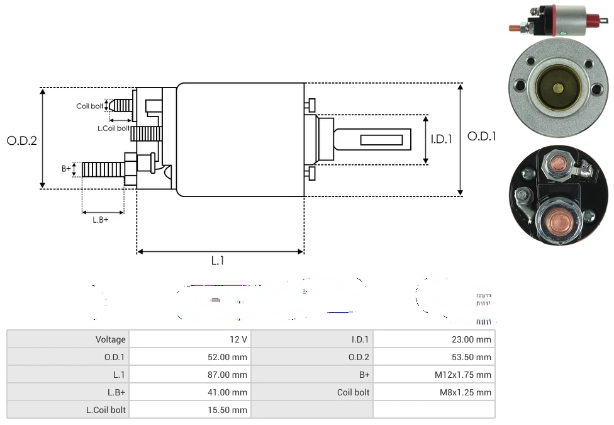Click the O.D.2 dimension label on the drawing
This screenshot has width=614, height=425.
pyautogui.click(x=22, y=140)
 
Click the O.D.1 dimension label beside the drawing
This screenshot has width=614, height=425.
pyautogui.click(x=482, y=136)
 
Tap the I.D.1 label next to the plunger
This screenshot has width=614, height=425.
pyautogui.click(x=442, y=139)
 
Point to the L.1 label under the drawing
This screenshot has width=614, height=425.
pyautogui.click(x=217, y=260)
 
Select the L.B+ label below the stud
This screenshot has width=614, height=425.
pyautogui.click(x=100, y=220)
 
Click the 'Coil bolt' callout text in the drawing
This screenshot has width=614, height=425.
pyautogui.click(x=90, y=106)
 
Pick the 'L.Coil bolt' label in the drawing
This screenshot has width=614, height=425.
pyautogui.click(x=113, y=128)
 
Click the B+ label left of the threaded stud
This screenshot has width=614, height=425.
pyautogui.click(x=66, y=169)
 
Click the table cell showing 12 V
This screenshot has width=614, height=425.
pyautogui.click(x=238, y=339)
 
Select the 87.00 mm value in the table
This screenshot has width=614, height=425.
pyautogui.click(x=229, y=375)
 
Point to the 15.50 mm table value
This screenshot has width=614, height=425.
pyautogui.click(x=229, y=410)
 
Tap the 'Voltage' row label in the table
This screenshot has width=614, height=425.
pyautogui.click(x=111, y=339)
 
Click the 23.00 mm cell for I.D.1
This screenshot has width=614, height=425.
pyautogui.click(x=472, y=339)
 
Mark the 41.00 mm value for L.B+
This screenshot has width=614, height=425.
pyautogui.click(x=229, y=392)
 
